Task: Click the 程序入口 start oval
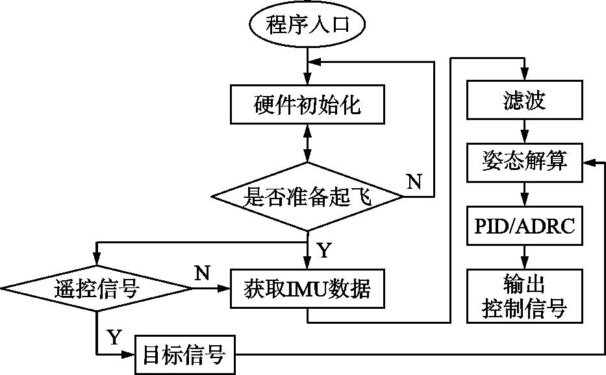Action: coord(307,25)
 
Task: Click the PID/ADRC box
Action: coord(524,226)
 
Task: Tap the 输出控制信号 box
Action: coord(524,296)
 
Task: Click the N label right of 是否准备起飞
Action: coord(414,182)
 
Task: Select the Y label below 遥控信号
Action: coord(114,337)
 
